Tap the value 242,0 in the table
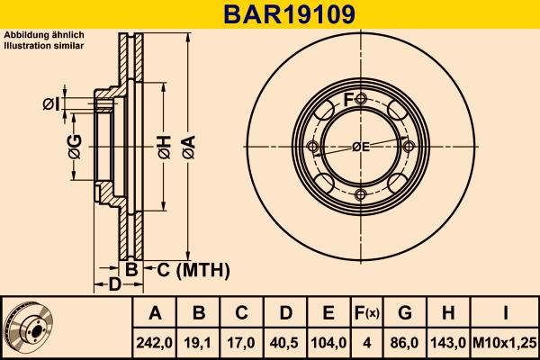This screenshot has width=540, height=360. point(155,342)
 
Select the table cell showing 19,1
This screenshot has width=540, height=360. point(199,342)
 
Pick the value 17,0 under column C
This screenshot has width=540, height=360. point(242,342)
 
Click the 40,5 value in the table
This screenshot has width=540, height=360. point(285,342)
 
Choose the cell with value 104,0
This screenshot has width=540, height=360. point(328,342)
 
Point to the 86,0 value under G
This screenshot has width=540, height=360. point(405,342)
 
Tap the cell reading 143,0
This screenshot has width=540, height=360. point(449,342)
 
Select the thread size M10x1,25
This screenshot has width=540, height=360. point(504,342)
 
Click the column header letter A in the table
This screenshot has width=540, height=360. point(155,313)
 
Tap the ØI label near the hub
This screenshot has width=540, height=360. point(51,105)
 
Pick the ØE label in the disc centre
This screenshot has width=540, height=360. point(360,146)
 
